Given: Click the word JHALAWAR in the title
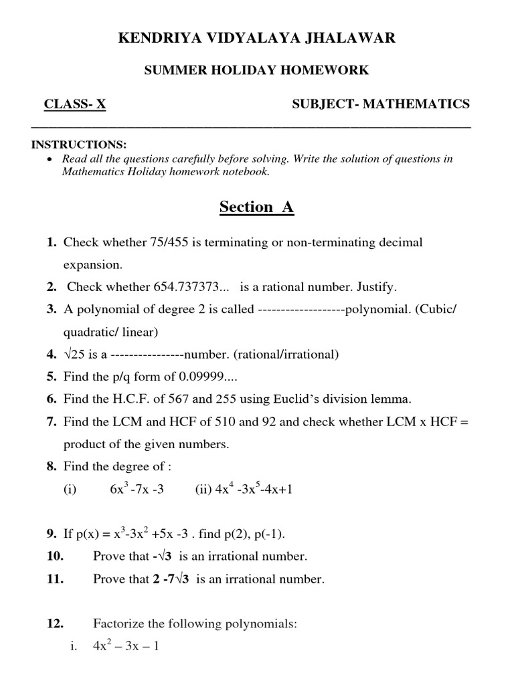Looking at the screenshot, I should point(353,39).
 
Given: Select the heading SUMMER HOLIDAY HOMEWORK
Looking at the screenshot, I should point(257,70).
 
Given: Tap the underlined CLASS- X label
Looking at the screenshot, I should point(75,104).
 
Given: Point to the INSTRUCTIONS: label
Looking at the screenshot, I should point(79,145).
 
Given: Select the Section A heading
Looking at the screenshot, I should point(256,207).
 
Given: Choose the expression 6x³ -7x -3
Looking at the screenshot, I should point(137,490).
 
